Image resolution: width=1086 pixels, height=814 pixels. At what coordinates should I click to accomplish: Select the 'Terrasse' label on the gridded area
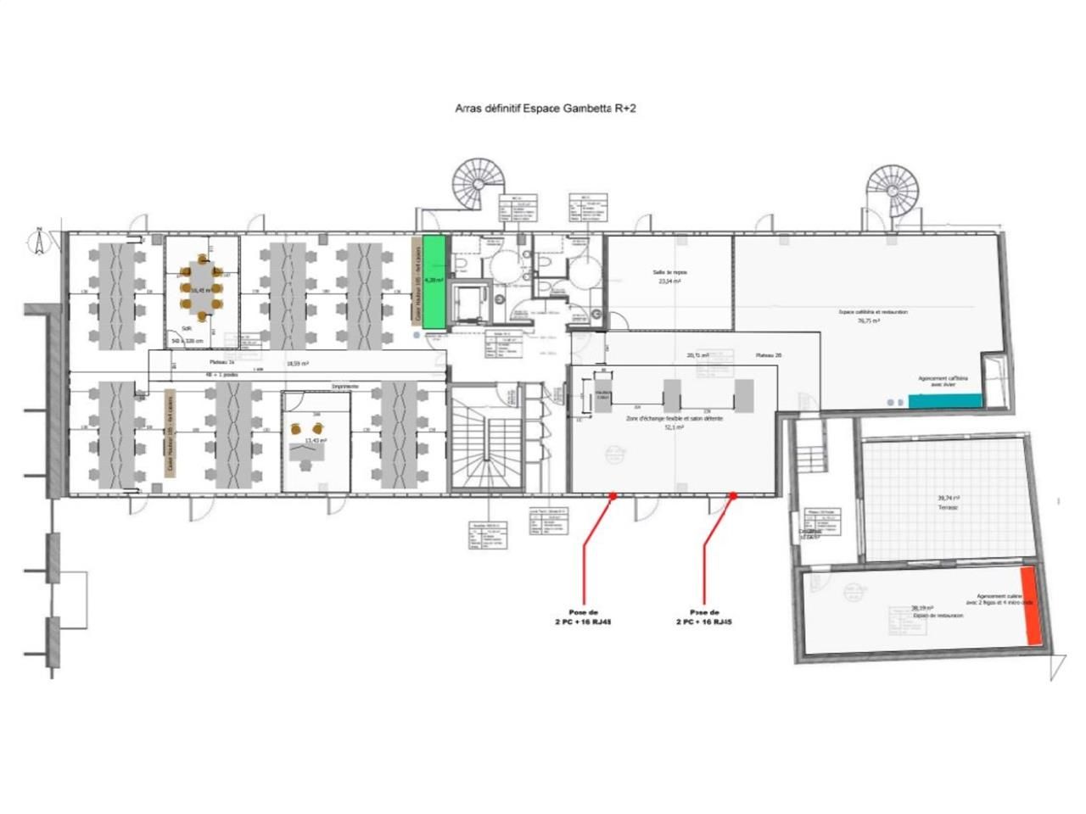click(948, 506)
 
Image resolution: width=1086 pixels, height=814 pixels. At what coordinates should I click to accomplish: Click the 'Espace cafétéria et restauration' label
click(873, 312)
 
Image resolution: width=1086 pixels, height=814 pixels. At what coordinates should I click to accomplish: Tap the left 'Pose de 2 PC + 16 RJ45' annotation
click(583, 616)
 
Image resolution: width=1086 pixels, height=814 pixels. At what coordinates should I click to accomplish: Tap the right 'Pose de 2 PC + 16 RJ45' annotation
click(703, 616)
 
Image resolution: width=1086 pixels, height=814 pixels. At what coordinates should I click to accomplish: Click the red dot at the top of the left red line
click(613, 495)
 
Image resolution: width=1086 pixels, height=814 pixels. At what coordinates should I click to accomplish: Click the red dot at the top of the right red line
click(733, 495)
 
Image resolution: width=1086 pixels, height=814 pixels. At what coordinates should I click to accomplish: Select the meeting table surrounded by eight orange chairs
click(201, 288)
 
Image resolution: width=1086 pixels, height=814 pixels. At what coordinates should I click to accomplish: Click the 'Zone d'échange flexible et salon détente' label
click(674, 419)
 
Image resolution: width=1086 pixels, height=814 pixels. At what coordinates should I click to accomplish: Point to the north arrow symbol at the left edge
click(38, 241)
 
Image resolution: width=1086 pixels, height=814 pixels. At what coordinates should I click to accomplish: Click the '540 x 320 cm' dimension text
click(187, 340)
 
